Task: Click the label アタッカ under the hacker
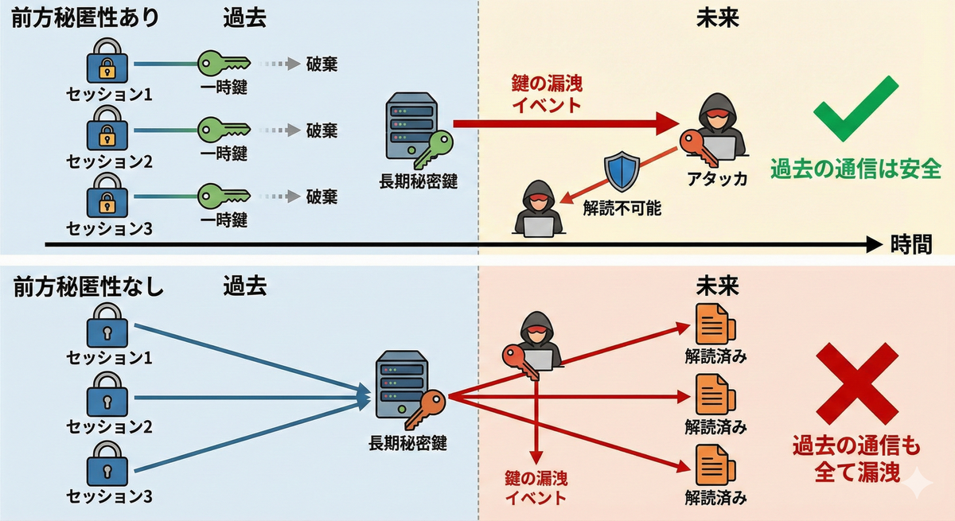pyautogui.click(x=718, y=178)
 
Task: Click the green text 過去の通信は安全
pyautogui.click(x=856, y=170)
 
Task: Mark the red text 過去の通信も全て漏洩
pyautogui.click(x=856, y=459)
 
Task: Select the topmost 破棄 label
pyautogui.click(x=322, y=64)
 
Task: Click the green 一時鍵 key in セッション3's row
pyautogui.click(x=221, y=195)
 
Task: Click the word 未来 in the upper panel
pyautogui.click(x=717, y=18)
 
